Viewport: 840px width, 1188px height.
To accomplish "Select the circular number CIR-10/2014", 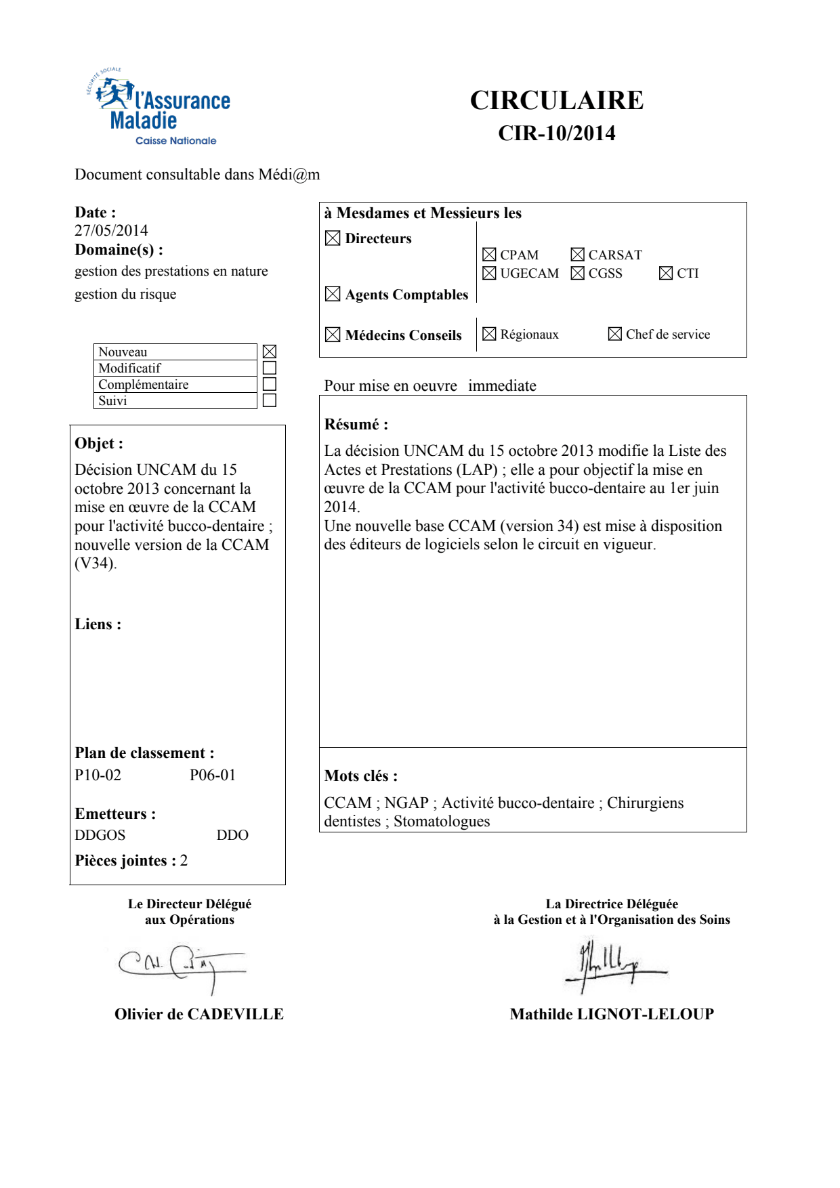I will (x=556, y=133).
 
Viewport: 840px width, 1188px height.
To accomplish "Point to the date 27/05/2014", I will (x=111, y=230).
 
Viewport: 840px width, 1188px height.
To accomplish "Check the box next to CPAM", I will (x=489, y=255).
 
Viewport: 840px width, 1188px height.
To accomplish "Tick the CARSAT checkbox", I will (x=577, y=255).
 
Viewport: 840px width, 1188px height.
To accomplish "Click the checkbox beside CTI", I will (x=666, y=273).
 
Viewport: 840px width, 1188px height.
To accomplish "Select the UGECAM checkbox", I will (x=489, y=273).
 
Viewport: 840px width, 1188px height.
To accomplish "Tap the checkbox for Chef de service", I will (x=615, y=334).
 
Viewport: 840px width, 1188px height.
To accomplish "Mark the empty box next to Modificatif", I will (x=270, y=368).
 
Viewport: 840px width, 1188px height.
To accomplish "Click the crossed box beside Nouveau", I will (x=270, y=352).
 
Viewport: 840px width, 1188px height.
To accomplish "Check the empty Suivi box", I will (x=270, y=400).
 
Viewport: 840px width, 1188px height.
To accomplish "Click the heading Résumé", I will (x=356, y=425).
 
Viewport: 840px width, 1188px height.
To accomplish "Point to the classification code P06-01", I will (x=213, y=776).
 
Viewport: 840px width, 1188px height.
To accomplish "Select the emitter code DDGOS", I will (x=100, y=835).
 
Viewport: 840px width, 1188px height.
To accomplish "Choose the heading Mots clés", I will (x=360, y=776).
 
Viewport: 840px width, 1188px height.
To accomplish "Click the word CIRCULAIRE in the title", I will (x=556, y=100).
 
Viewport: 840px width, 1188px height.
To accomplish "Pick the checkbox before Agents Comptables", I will (x=333, y=294).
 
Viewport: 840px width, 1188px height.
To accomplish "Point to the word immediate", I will (x=502, y=386).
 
